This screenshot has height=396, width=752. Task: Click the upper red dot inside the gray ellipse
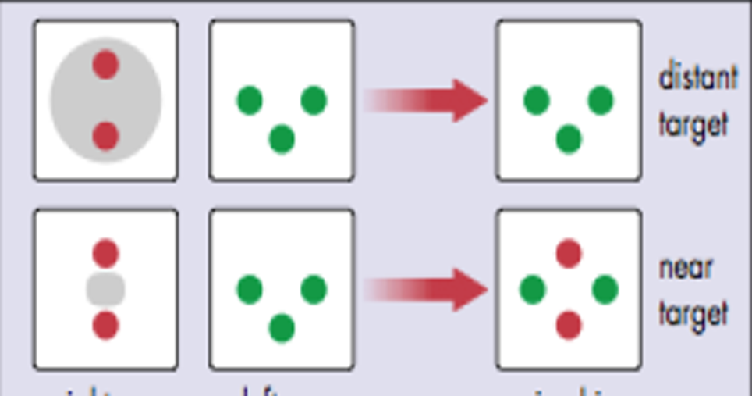point(106,65)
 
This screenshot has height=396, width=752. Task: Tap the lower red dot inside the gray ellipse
point(106,137)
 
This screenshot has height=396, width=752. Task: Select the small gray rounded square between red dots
point(106,289)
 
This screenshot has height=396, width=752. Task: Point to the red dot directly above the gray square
point(106,254)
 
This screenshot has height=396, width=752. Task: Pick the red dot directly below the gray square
point(106,325)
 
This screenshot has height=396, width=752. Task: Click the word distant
point(698,78)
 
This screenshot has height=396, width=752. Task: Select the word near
point(686,268)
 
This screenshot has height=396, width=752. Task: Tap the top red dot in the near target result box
point(569,254)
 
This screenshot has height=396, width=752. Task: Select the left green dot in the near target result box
point(532,290)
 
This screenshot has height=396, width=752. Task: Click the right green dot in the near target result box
point(605,290)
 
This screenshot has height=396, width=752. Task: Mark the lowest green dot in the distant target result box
point(569,140)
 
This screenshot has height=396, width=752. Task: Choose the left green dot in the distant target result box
point(537,101)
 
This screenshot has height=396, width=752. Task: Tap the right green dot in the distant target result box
point(601,101)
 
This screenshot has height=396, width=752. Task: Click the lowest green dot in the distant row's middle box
point(282,140)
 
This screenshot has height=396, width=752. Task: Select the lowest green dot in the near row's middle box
point(282,329)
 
